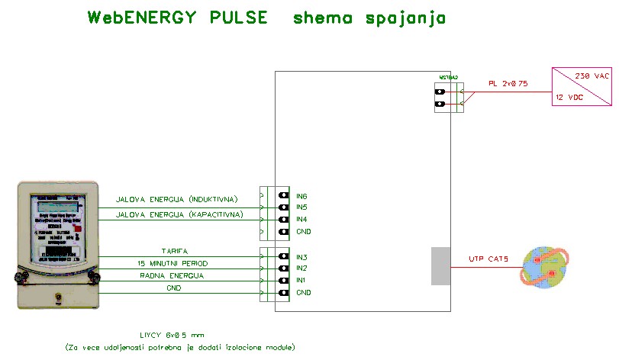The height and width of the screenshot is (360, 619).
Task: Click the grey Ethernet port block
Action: [x=440, y=266]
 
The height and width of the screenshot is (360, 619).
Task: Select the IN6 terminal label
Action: [x=301, y=196]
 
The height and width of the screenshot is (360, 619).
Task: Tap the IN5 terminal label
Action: [x=301, y=207]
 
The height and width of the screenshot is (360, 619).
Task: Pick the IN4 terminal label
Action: [x=301, y=220]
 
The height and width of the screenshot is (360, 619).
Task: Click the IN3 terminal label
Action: [x=301, y=258]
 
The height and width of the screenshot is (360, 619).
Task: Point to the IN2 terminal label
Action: [x=301, y=269]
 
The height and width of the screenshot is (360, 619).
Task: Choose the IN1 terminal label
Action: [x=301, y=281]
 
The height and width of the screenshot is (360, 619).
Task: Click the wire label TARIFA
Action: [x=174, y=251]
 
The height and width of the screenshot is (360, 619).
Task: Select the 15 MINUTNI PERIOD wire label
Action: [x=174, y=263]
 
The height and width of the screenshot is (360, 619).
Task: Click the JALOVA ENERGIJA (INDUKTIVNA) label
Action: [x=177, y=200]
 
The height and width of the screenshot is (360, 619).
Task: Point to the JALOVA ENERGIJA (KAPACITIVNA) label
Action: [x=179, y=214]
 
